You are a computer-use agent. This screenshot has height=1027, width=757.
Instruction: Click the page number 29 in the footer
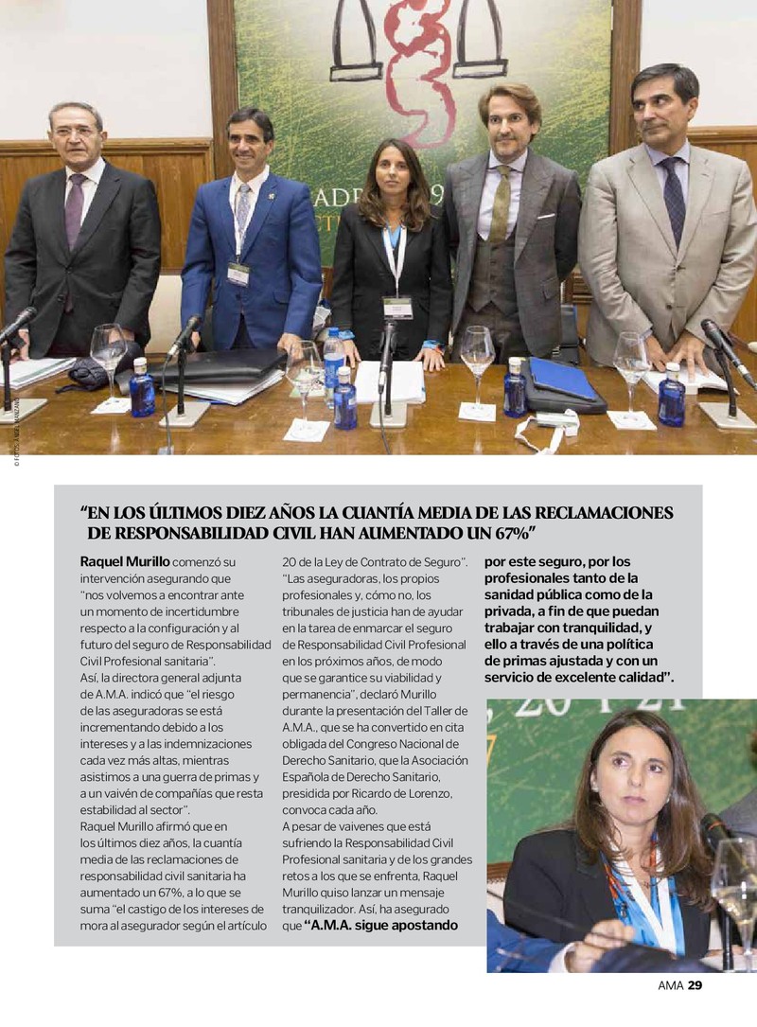click(695, 985)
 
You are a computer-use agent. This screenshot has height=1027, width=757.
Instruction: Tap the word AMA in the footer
click(670, 985)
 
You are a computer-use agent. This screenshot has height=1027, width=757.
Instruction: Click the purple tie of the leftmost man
click(74, 212)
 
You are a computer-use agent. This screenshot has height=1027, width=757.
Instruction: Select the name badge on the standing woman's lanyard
click(397, 307)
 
